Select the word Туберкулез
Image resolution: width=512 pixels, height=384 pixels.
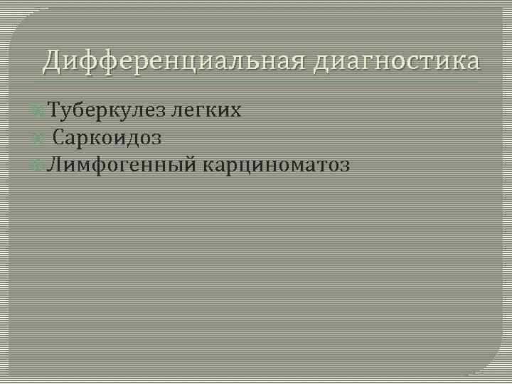pos(106,111)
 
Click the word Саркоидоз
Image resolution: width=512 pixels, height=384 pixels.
pos(107,138)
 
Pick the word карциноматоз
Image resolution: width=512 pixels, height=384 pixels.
pos(277,166)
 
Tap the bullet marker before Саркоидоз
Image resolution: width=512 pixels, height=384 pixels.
pos(38,138)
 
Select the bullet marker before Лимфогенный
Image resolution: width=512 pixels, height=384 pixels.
pos(38,166)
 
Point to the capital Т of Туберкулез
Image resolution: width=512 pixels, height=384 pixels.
pos(54,110)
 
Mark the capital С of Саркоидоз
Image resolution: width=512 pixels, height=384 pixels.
pos(59,137)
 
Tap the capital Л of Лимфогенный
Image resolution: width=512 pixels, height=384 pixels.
pos(54,165)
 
